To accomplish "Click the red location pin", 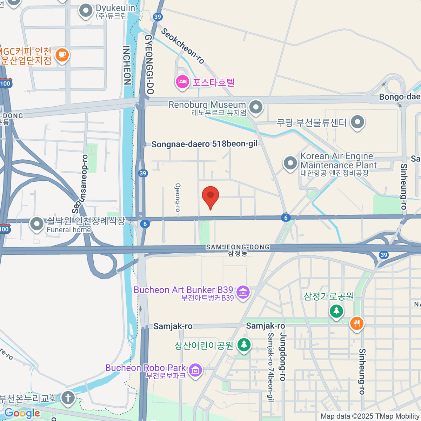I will [210, 196].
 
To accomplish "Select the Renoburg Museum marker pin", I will [256, 107].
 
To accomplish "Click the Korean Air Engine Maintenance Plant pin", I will [290, 163].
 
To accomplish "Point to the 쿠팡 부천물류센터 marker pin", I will [357, 122].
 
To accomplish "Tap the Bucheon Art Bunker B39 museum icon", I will [243, 292].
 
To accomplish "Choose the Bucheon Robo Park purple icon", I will [195, 369].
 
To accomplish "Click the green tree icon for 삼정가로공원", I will [336, 310].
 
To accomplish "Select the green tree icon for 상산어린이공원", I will [243, 344].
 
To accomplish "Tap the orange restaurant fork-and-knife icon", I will [357, 323].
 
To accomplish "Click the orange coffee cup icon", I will [62, 55].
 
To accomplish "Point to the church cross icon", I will [68, 398].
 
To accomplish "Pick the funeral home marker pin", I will [36, 223].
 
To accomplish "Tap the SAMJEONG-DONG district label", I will [238, 247].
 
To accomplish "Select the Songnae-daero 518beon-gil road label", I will [205, 144].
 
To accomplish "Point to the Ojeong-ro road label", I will [178, 197].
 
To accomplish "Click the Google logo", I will [22, 413].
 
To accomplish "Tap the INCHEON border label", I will [127, 65].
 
